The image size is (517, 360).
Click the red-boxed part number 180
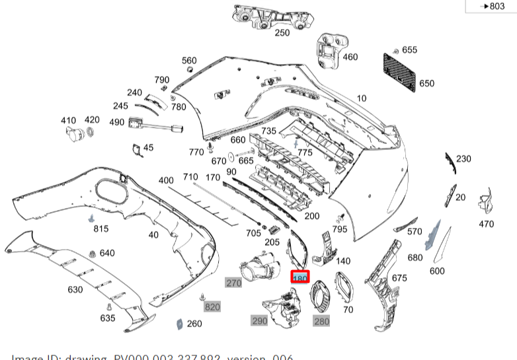tap(300, 279)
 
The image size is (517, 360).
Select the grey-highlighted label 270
tap(233, 283)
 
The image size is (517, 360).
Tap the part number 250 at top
tap(282, 32)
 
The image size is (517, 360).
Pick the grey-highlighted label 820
tap(212, 307)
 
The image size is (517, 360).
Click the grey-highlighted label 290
tap(260, 321)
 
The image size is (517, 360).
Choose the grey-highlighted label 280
tap(321, 321)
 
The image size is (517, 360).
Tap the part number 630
tap(75, 289)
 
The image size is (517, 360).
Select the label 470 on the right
tap(486, 224)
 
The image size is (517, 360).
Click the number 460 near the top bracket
tap(350, 57)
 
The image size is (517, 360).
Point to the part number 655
tap(409, 50)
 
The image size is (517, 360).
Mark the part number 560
tap(189, 60)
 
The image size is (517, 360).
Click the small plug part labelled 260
tap(178, 324)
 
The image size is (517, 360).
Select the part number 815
tap(100, 229)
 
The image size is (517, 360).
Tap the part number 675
tap(399, 278)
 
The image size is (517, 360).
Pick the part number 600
tap(437, 271)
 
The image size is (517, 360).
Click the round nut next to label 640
tap(92, 253)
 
